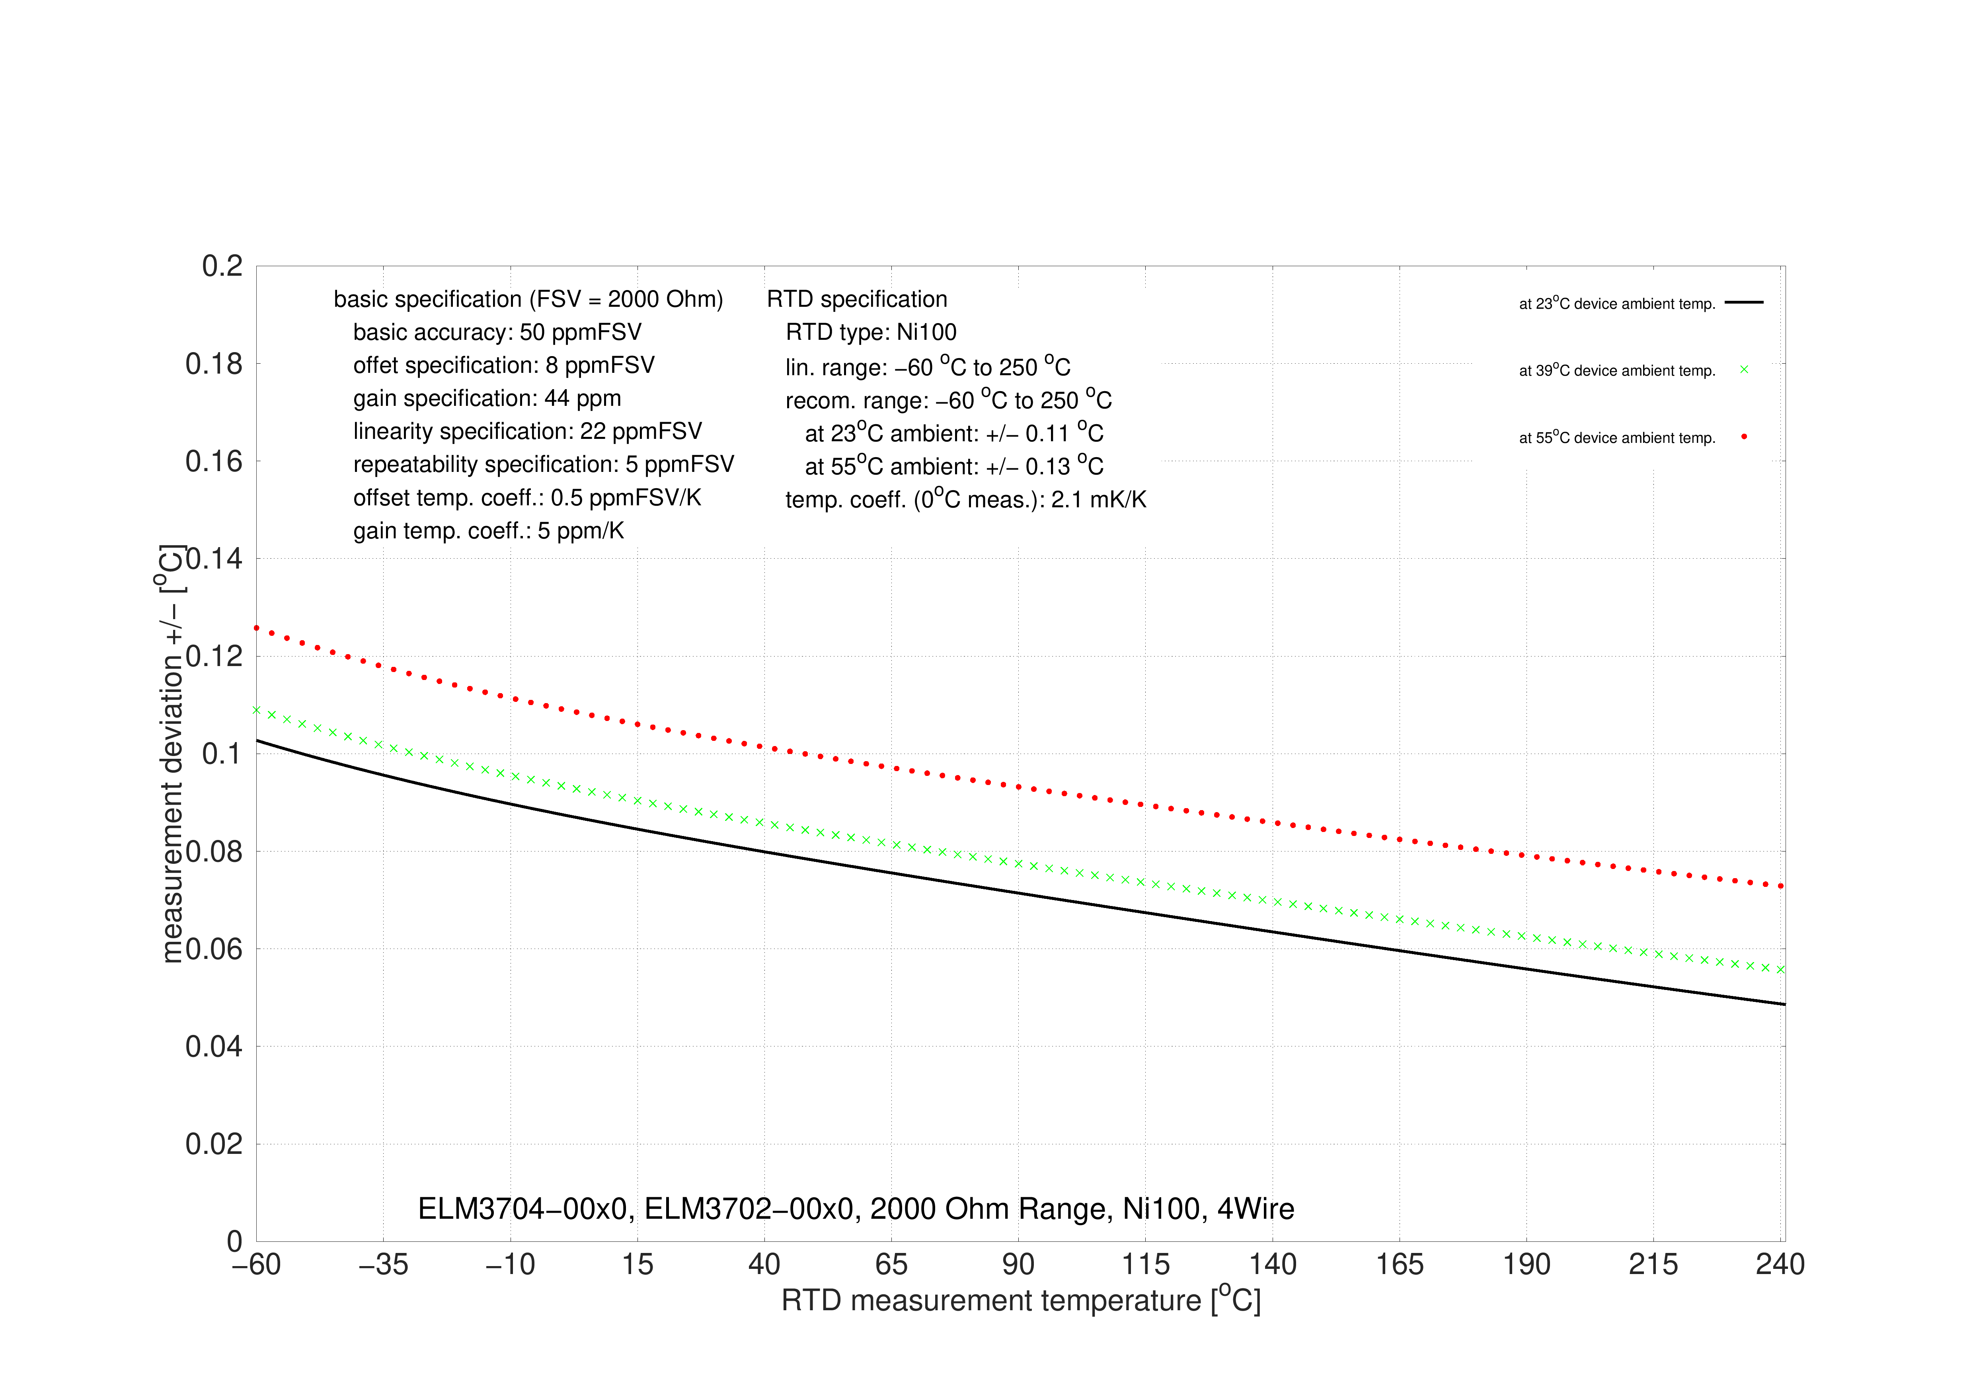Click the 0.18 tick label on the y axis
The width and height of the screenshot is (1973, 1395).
(214, 364)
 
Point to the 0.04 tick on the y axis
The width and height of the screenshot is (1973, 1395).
(214, 1047)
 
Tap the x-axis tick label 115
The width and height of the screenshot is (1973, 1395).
(1145, 1264)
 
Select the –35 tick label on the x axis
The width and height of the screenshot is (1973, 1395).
(383, 1264)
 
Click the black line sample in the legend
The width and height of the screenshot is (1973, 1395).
(1743, 302)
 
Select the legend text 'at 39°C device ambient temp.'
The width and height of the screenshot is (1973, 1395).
(1617, 370)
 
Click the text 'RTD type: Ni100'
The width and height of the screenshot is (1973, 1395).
(870, 332)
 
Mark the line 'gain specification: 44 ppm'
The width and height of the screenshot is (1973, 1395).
(487, 399)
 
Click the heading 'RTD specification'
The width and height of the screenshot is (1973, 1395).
(857, 299)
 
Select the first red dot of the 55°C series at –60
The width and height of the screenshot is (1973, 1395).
(256, 628)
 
